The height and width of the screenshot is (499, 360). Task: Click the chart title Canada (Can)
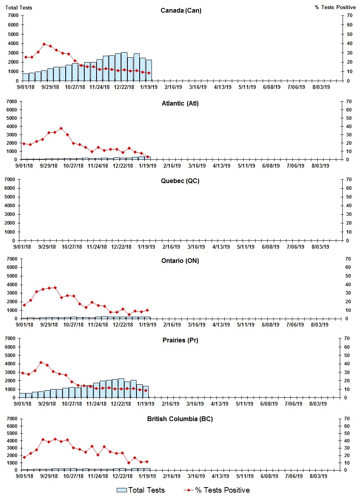click(x=181, y=11)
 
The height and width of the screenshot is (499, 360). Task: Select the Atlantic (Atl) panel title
click(x=180, y=104)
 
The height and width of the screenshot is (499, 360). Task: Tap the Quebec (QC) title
click(x=180, y=181)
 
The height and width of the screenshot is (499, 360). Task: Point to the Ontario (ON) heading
click(x=180, y=261)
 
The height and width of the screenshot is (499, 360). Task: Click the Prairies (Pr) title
click(x=180, y=340)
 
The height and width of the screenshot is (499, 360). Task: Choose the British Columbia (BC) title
click(x=180, y=419)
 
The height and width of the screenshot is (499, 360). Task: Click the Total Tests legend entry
click(x=141, y=490)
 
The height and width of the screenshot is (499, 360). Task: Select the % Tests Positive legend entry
click(x=217, y=490)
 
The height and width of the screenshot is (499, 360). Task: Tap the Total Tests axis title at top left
click(x=19, y=8)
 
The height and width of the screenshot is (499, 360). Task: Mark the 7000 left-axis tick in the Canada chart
click(x=13, y=15)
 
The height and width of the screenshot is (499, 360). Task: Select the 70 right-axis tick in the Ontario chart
click(x=348, y=259)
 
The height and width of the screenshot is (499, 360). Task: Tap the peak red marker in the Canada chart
click(x=44, y=44)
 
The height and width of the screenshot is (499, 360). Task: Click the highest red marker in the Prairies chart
click(x=41, y=362)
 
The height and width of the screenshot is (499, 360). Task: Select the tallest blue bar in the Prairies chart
click(x=121, y=388)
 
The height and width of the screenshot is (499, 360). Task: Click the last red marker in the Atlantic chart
click(x=148, y=157)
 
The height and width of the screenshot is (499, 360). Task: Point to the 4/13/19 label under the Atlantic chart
click(x=222, y=166)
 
